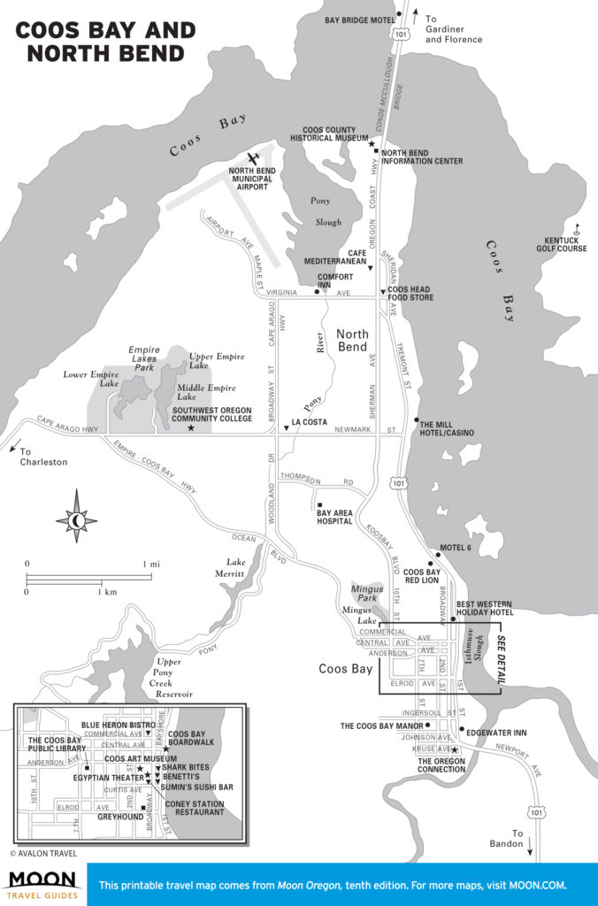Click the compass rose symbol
(x=77, y=518)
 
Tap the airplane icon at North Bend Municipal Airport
(x=256, y=158)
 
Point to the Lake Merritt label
(x=236, y=568)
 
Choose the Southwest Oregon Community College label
(x=211, y=415)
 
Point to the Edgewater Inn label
(x=496, y=733)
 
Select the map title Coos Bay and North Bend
(x=105, y=42)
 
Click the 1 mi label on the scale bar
(x=152, y=564)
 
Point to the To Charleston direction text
(x=42, y=456)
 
